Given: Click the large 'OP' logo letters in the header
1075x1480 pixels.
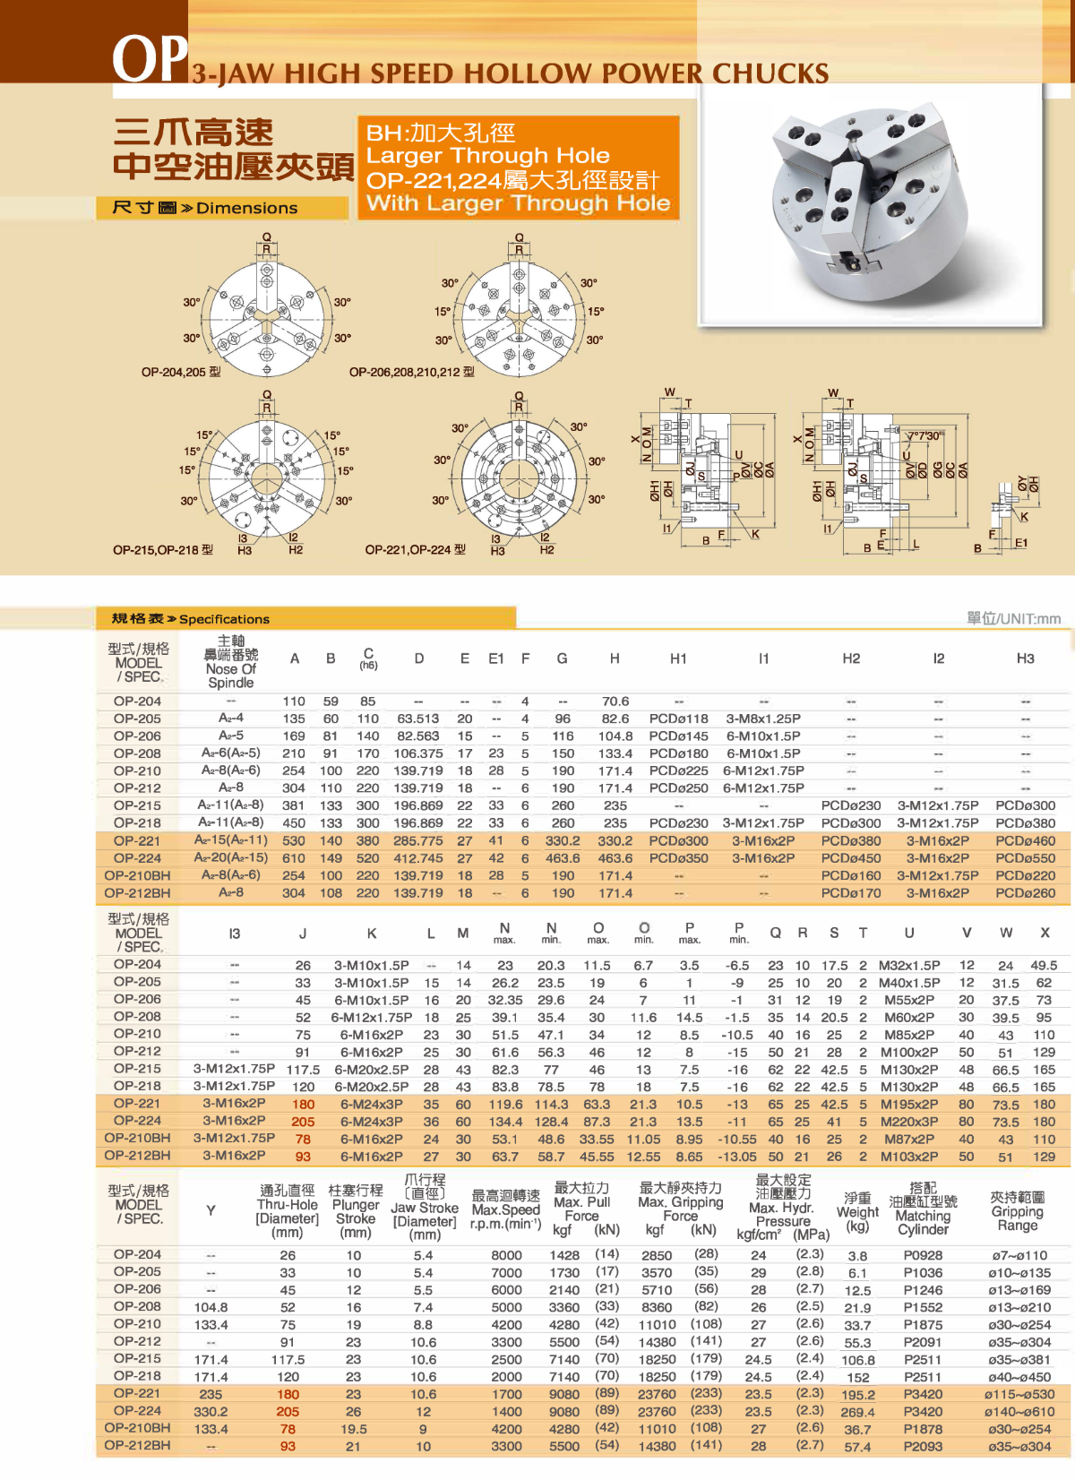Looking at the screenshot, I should [x=150, y=59].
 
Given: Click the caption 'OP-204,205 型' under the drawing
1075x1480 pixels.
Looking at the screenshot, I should [x=181, y=372].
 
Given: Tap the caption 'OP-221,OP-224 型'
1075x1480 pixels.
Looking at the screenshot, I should [x=415, y=549].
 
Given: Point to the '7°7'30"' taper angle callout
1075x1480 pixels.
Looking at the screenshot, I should [x=924, y=436].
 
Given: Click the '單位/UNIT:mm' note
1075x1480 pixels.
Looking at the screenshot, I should [x=1013, y=618].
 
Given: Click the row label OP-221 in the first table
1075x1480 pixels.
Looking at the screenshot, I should [x=137, y=840].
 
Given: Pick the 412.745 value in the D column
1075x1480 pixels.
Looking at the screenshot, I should [x=418, y=858].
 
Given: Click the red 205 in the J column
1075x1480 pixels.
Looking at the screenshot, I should [x=303, y=1122].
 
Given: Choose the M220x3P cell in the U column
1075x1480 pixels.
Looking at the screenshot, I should [x=908, y=1122].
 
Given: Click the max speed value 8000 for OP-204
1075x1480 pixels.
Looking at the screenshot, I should [x=506, y=1255].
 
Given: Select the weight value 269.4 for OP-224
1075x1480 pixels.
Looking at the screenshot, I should [x=857, y=1412].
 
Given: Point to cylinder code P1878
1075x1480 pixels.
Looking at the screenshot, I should [x=923, y=1429].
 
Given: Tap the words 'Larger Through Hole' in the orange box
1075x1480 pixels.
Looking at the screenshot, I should [x=487, y=156].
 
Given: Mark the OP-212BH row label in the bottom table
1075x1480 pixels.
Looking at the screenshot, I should [x=137, y=1446].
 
